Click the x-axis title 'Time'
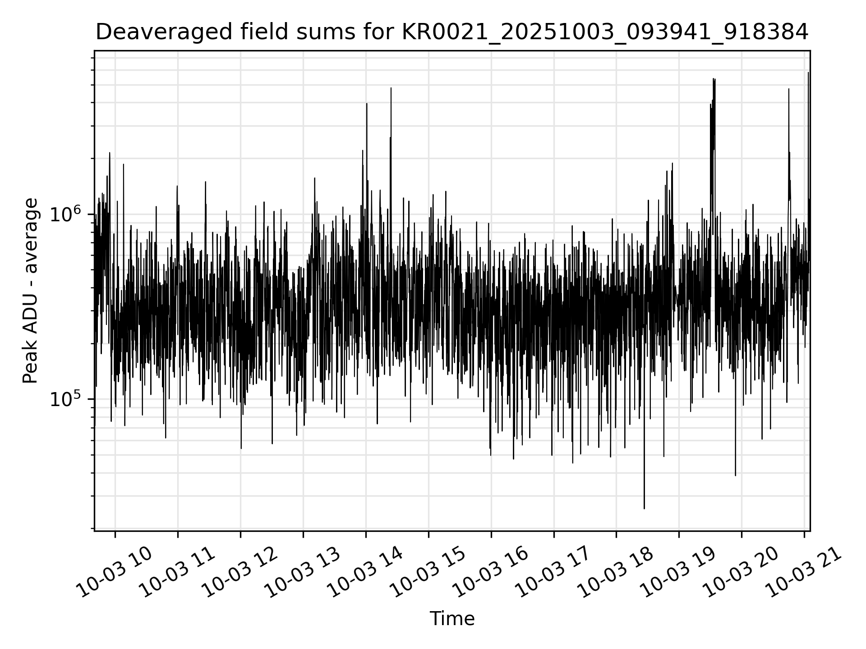452,619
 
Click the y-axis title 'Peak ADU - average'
30,291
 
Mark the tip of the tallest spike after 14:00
808,73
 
